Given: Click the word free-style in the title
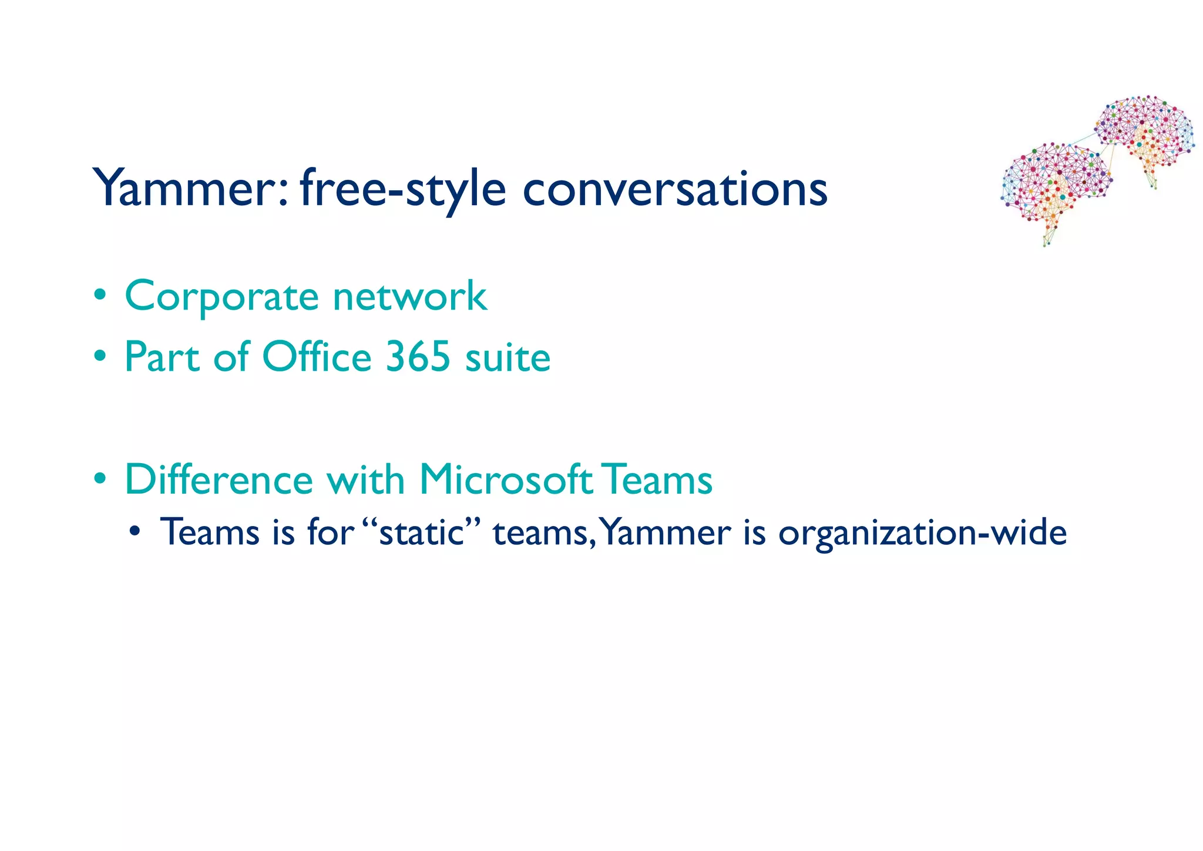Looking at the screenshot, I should tap(402, 189).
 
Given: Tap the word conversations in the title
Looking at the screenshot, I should tap(675, 189).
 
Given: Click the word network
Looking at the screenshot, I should tap(409, 296).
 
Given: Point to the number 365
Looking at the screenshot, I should tap(418, 357).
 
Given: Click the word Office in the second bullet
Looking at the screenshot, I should tap(317, 357).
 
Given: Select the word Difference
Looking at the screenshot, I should tap(219, 480).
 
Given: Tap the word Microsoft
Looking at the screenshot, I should tap(506, 480).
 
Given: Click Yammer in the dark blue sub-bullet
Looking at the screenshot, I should tap(666, 532).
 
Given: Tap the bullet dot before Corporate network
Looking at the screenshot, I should tap(100, 294).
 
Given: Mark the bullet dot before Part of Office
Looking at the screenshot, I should tap(100, 356).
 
